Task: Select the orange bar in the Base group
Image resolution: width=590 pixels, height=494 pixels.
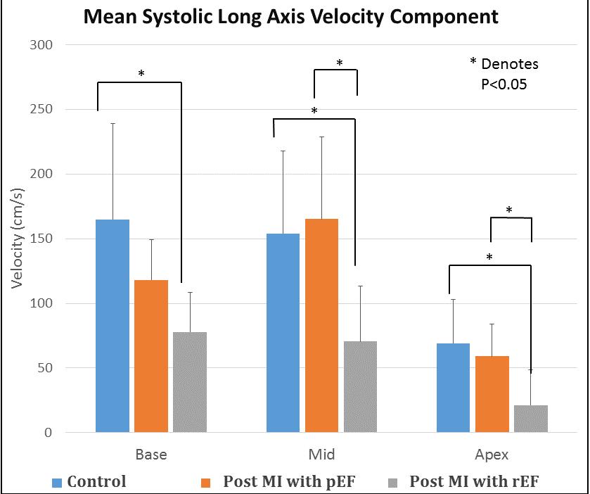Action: tap(151, 356)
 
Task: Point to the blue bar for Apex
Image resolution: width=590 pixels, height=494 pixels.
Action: tap(454, 388)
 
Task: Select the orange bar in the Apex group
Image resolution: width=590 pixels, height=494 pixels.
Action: tap(492, 394)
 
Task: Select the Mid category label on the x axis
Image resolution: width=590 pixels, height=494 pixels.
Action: tap(321, 454)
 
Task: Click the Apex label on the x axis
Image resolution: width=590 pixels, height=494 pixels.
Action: tap(492, 454)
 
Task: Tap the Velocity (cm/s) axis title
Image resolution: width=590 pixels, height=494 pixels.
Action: tap(19, 239)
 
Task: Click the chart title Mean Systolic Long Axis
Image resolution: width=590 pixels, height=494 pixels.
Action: tap(291, 18)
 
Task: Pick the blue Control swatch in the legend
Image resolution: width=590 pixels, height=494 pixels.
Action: tap(58, 483)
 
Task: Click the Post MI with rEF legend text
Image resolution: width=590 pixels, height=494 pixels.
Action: tap(479, 482)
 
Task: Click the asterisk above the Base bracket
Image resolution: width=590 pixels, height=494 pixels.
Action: tap(141, 73)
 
